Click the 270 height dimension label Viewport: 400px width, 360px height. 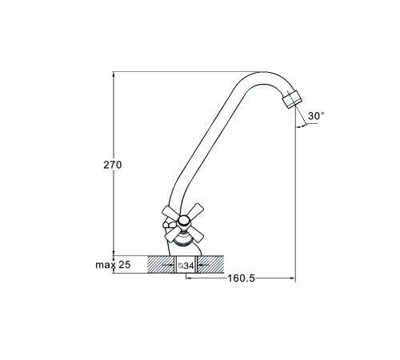[x=113, y=165]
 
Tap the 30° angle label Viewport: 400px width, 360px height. [x=316, y=116]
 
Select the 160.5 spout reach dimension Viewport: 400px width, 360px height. [x=241, y=278]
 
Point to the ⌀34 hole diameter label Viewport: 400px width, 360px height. [x=186, y=266]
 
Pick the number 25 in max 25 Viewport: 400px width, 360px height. [x=125, y=265]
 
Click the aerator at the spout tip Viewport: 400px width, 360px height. [x=292, y=99]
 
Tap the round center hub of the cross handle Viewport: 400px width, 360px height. [x=184, y=221]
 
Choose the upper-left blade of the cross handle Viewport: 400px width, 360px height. [x=170, y=213]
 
